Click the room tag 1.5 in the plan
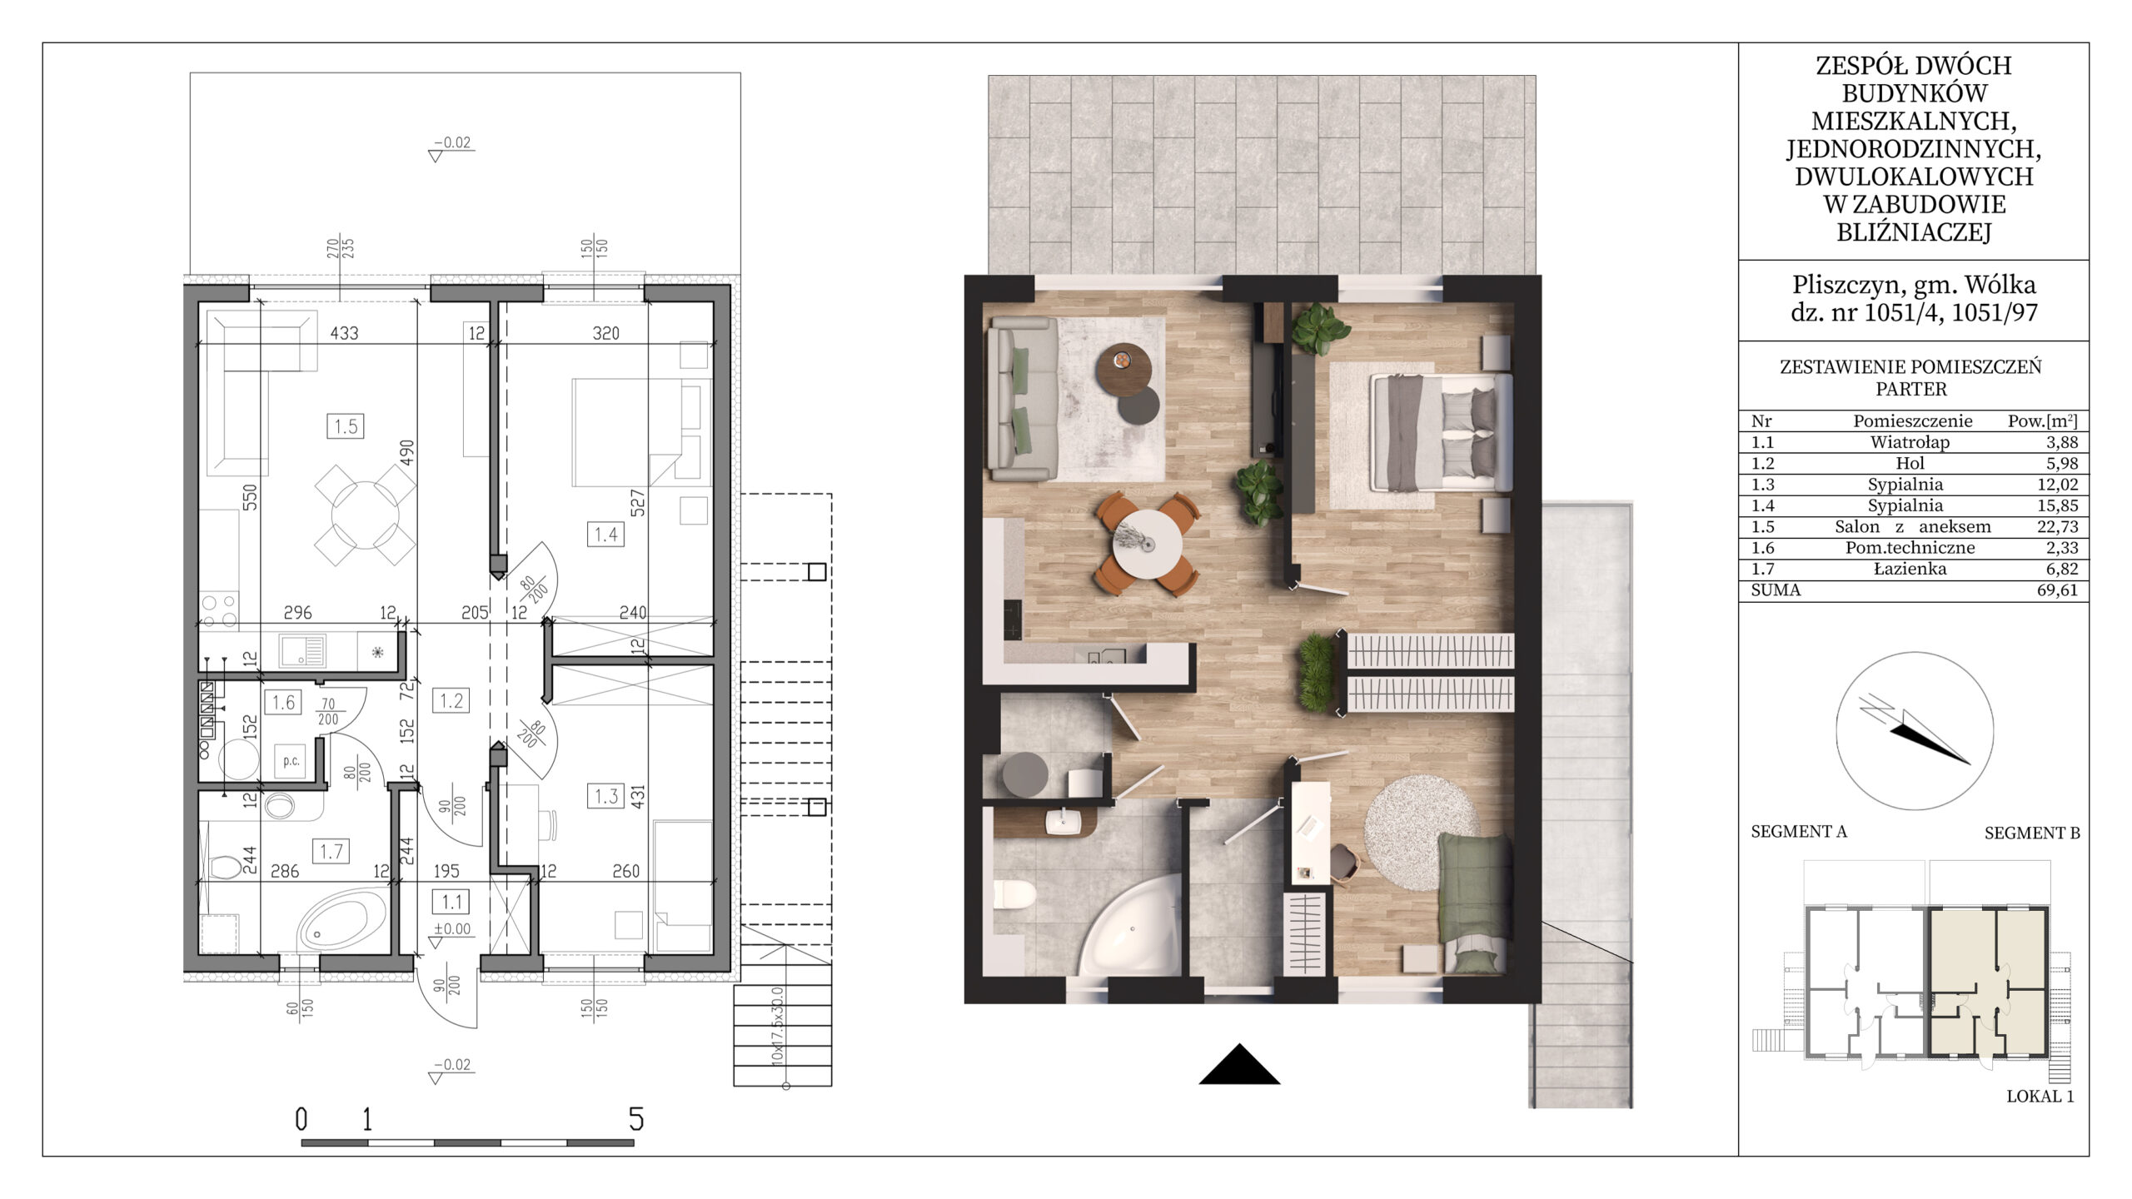(x=346, y=427)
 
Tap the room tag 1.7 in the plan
(x=331, y=852)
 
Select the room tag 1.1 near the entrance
(x=451, y=902)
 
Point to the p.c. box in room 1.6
(x=291, y=761)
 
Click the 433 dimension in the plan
(x=344, y=333)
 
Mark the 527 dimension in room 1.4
(x=638, y=503)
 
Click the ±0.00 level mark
(x=451, y=929)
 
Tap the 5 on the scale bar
(x=636, y=1120)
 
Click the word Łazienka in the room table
(x=1905, y=569)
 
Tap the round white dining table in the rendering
(x=1147, y=544)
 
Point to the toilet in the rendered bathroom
(x=1015, y=896)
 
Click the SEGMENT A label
(x=1799, y=832)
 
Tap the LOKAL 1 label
(x=2040, y=1097)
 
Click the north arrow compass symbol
(x=1915, y=732)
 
